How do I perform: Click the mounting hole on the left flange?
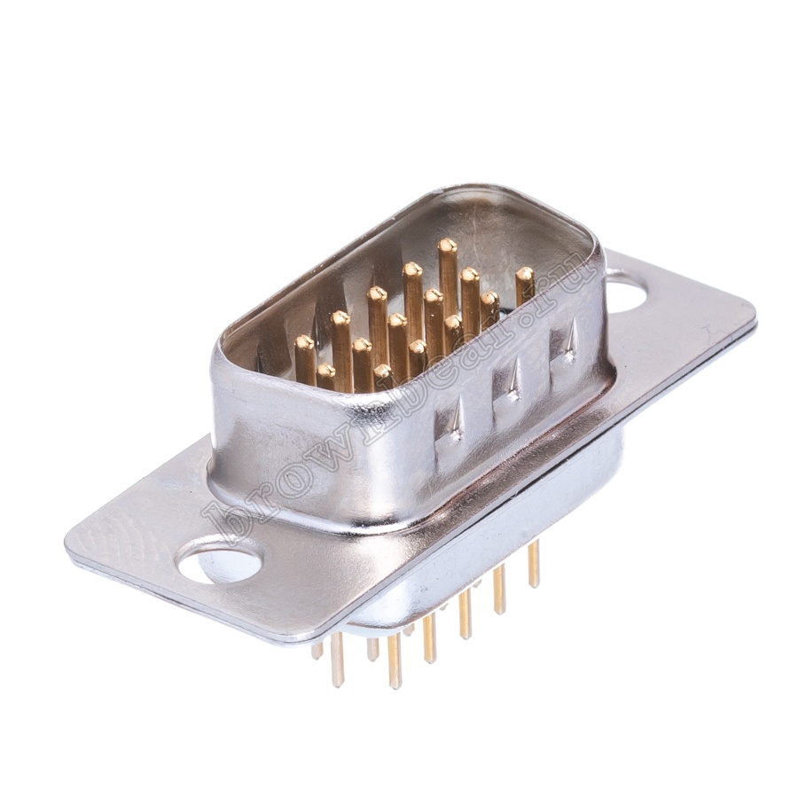(x=219, y=562)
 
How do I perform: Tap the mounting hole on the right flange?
(x=630, y=296)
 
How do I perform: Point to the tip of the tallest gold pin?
(x=446, y=246)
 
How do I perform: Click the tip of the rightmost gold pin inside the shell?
(x=525, y=274)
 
